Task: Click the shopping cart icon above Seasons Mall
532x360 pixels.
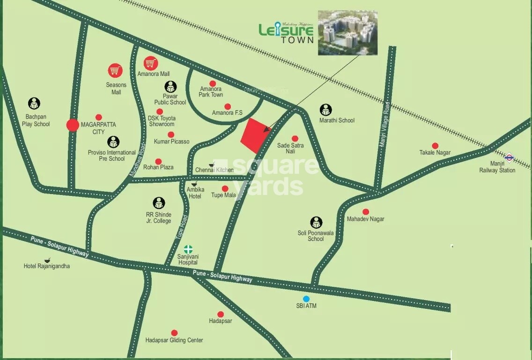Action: [x=115, y=71]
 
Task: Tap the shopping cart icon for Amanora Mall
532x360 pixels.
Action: [x=150, y=63]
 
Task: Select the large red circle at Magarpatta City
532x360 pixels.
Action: [x=73, y=125]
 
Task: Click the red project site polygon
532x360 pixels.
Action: [x=255, y=135]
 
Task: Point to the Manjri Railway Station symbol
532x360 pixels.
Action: [x=509, y=157]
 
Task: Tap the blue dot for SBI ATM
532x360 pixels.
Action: [x=306, y=299]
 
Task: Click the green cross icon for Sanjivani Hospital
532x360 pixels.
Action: [x=188, y=249]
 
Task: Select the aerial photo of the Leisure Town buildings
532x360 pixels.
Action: [x=347, y=33]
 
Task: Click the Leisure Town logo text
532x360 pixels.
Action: [x=286, y=32]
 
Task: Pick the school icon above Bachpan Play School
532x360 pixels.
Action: [x=34, y=104]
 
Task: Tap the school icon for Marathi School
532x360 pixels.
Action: [x=326, y=110]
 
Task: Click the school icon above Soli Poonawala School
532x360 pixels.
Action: [x=316, y=222]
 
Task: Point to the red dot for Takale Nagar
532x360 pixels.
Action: [x=435, y=146]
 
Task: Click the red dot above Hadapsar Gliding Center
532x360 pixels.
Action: [x=174, y=333]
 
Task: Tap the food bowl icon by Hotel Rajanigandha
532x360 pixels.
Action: [x=47, y=260]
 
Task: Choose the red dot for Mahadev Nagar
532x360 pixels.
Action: [x=366, y=212]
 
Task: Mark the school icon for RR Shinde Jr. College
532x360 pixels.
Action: [x=159, y=203]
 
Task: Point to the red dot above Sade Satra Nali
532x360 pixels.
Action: [x=295, y=138]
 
